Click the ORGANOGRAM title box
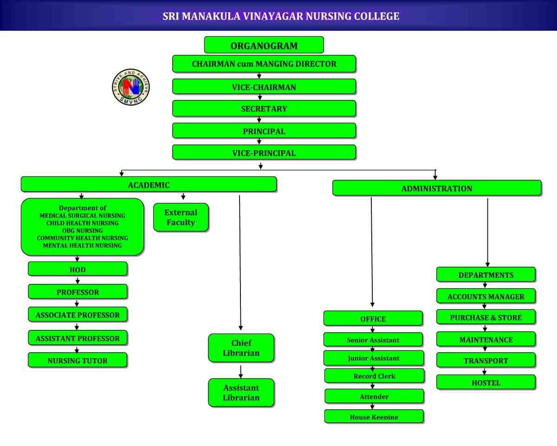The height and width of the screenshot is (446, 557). click(264, 46)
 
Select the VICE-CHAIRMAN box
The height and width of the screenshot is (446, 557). click(264, 87)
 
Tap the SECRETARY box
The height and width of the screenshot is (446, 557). click(264, 109)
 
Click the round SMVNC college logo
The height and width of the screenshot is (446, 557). click(131, 87)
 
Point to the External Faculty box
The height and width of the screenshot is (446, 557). click(181, 217)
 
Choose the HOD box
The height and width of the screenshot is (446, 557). click(78, 269)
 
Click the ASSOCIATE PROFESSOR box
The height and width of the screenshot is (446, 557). click(78, 315)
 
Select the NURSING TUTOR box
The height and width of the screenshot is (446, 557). click(78, 361)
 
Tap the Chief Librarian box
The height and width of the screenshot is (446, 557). click(241, 348)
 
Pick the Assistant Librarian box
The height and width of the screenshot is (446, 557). click(241, 393)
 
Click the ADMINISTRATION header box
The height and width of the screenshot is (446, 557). click(437, 188)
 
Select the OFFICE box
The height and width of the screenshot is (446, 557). click(373, 319)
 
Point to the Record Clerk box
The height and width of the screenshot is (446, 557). click(374, 376)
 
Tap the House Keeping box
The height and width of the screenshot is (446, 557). click(374, 416)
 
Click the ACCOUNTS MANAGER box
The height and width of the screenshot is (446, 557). click(486, 296)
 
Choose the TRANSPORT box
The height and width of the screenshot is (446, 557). click(486, 361)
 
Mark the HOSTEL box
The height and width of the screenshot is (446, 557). click(486, 383)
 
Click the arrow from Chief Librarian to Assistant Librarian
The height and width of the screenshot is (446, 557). click(241, 371)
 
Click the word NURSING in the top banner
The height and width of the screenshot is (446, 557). click(328, 16)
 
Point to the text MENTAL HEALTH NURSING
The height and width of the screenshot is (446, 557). click(82, 245)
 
